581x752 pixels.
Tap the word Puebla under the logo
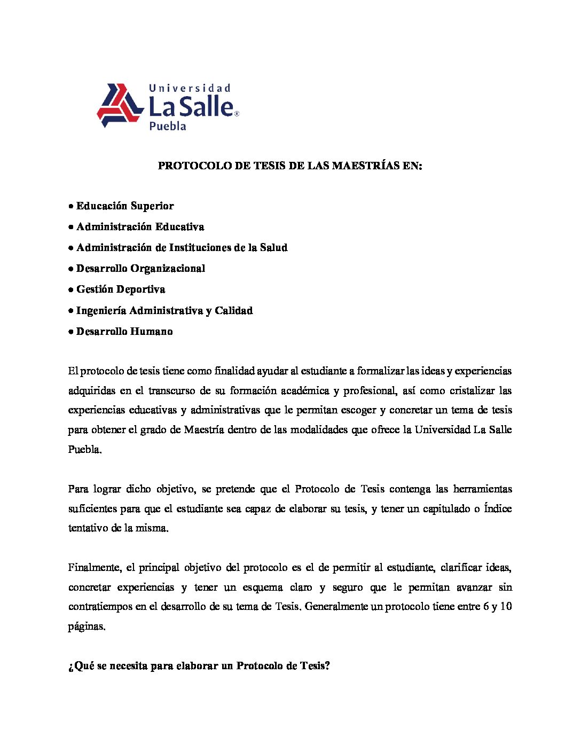[x=167, y=127]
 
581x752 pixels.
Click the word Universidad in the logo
[x=189, y=88]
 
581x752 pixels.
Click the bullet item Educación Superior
[x=125, y=206]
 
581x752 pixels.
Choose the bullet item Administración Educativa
[x=140, y=226]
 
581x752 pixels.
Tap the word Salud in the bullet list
[x=273, y=247]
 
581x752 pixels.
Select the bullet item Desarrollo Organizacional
[x=140, y=268]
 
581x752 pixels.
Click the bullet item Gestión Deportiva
[x=121, y=289]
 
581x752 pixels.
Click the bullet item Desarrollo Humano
[x=124, y=331]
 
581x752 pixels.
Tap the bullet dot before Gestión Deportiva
[x=71, y=289]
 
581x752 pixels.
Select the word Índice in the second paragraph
[x=498, y=508]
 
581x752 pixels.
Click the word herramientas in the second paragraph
[x=482, y=489]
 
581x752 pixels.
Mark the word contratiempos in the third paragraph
[x=99, y=607]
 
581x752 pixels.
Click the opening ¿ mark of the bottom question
[x=70, y=667]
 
